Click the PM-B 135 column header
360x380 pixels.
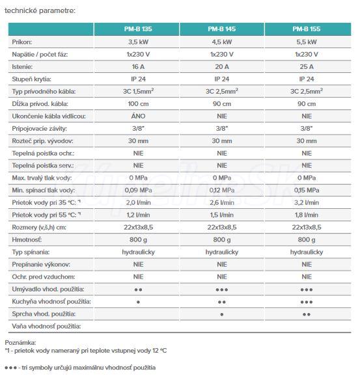pyautogui.click(x=138, y=29)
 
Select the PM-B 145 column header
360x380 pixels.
pyautogui.click(x=221, y=29)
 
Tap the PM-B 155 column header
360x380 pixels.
pyautogui.click(x=307, y=29)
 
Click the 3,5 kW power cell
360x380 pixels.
pyautogui.click(x=138, y=42)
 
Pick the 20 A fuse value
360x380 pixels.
pyautogui.click(x=222, y=66)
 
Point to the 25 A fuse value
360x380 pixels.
pyautogui.click(x=307, y=66)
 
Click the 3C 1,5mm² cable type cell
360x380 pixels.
pyautogui.click(x=138, y=91)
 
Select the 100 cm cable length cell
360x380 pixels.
pyautogui.click(x=138, y=103)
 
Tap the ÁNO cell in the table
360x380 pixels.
pyautogui.click(x=138, y=116)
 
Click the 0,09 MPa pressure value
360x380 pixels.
pyautogui.click(x=138, y=190)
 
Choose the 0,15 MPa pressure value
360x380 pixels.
pyautogui.click(x=307, y=190)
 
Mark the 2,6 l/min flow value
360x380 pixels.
pyautogui.click(x=222, y=202)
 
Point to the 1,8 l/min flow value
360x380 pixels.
pyautogui.click(x=307, y=215)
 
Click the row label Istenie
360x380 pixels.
pyautogui.click(x=22, y=66)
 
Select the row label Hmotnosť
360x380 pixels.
pyautogui.click(x=27, y=239)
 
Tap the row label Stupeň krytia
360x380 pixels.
pyautogui.click(x=31, y=79)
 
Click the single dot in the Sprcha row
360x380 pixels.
pyautogui.click(x=222, y=314)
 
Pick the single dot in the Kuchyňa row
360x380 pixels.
pyautogui.click(x=138, y=302)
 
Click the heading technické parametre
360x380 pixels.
pyautogui.click(x=40, y=10)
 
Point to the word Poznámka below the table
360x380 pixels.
pyautogui.click(x=20, y=343)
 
